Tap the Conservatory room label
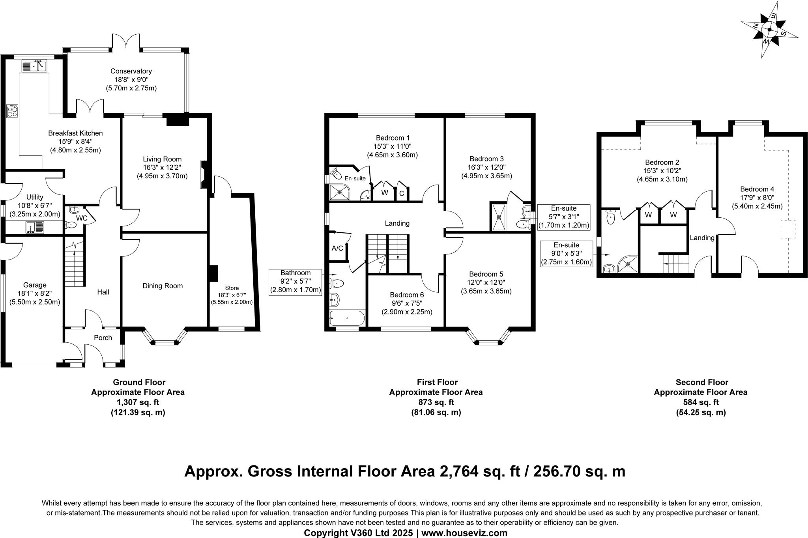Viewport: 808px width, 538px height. [131, 71]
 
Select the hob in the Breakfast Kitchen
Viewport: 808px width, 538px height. [12, 110]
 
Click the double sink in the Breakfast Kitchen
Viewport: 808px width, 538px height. [34, 66]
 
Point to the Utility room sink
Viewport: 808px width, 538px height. [35, 227]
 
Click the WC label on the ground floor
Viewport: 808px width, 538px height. [82, 218]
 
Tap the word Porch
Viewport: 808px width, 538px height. [103, 338]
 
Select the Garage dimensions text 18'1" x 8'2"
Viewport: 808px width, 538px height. [35, 293]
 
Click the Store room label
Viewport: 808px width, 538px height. [232, 288]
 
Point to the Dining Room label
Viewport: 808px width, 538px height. [163, 286]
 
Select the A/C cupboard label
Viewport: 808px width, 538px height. [337, 248]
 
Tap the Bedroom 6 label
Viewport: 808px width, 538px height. [407, 295]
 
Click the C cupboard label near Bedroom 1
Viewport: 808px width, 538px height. [402, 193]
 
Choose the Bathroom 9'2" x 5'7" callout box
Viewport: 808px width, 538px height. [296, 282]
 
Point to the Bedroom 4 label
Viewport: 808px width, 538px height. [754, 189]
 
